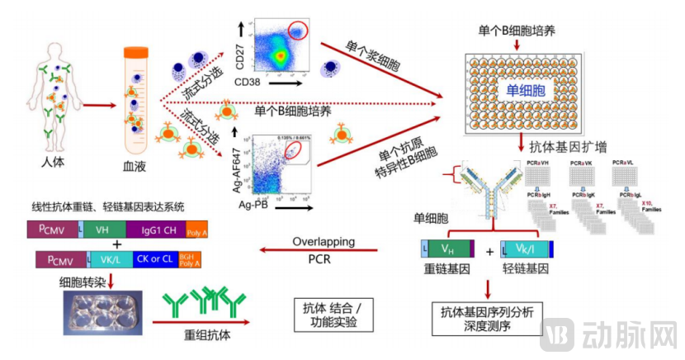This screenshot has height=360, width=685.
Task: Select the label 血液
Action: (135, 163)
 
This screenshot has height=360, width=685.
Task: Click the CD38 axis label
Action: (250, 83)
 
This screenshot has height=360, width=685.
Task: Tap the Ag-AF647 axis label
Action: (240, 167)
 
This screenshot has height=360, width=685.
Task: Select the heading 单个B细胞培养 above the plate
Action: (517, 31)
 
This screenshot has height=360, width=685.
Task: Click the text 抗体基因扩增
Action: (569, 147)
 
